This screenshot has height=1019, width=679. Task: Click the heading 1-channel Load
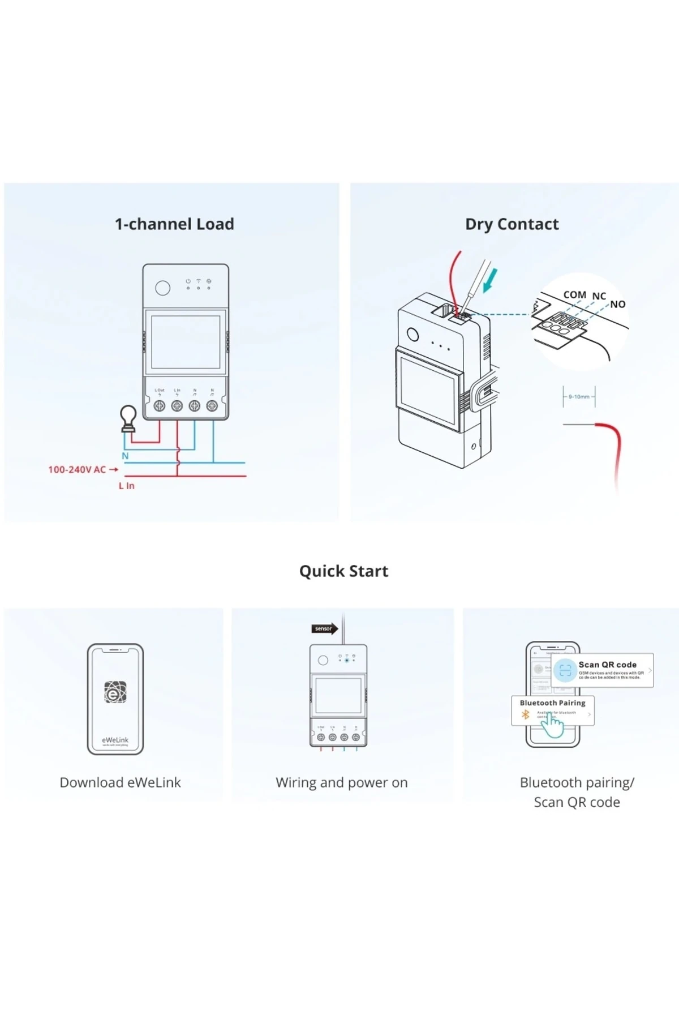pos(174,224)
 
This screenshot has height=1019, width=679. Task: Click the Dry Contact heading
pos(512,224)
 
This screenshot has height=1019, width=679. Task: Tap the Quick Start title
pos(343,571)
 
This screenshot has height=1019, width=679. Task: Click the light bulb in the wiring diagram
pos(129,418)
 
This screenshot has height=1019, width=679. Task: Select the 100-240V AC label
pos(77,469)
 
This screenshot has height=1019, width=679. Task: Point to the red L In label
pos(127,486)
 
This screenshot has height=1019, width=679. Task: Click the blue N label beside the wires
pos(125,456)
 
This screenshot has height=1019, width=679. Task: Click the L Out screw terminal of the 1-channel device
pos(160,405)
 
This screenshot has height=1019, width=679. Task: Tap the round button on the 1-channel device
pos(162,288)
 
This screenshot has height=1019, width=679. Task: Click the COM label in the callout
pos(574,295)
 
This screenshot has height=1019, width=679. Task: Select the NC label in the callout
pos(599,296)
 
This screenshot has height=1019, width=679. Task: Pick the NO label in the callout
pos(617,305)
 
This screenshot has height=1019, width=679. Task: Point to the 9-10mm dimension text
pos(578,397)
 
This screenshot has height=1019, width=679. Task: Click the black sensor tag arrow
pos(324,628)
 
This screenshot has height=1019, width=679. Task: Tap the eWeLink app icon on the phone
pos(115,692)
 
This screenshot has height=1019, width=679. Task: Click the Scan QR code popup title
pos(607,665)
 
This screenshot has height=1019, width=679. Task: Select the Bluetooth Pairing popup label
pos(552,703)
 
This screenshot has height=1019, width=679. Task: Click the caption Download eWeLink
pos(120,782)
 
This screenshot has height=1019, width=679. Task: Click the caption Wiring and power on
pos(341,782)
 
